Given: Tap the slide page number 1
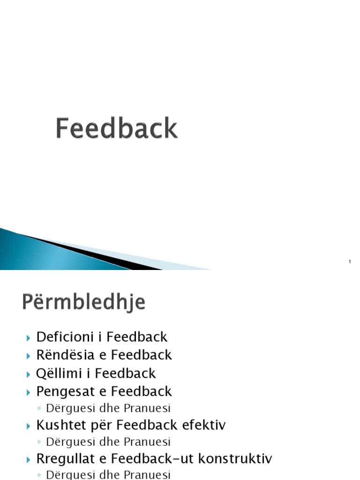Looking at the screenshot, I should [350, 262].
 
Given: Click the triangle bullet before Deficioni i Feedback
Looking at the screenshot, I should [29, 337].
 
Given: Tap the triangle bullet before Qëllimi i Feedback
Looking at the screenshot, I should [29, 374].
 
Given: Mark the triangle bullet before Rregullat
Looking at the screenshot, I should [29, 459].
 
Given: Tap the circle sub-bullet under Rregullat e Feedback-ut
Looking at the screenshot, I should [39, 475].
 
